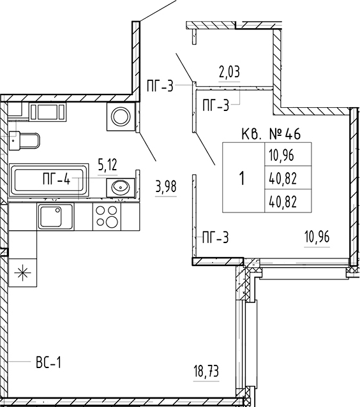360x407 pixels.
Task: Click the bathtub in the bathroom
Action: click(x=49, y=180)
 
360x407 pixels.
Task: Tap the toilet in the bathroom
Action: click(x=24, y=141)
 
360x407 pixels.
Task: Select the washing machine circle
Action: click(x=121, y=117)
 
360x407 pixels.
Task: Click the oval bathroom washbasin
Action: click(x=120, y=186)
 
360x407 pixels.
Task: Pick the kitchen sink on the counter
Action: click(x=56, y=216)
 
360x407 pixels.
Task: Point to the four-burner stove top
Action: click(x=107, y=216)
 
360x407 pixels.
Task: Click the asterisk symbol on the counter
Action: click(x=22, y=273)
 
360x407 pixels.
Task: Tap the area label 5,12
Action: click(x=107, y=165)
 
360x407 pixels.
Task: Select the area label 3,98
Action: click(x=166, y=187)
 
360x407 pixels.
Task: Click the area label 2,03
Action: click(x=229, y=72)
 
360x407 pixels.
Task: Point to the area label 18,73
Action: click(x=207, y=371)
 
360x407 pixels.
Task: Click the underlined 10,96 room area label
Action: click(x=317, y=237)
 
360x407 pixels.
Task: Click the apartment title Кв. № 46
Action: click(x=271, y=134)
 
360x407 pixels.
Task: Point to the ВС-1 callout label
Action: click(x=49, y=362)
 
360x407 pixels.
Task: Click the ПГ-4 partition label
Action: click(x=57, y=179)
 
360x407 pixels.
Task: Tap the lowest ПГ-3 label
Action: click(x=216, y=237)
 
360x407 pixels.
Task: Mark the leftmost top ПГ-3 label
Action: click(x=160, y=86)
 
